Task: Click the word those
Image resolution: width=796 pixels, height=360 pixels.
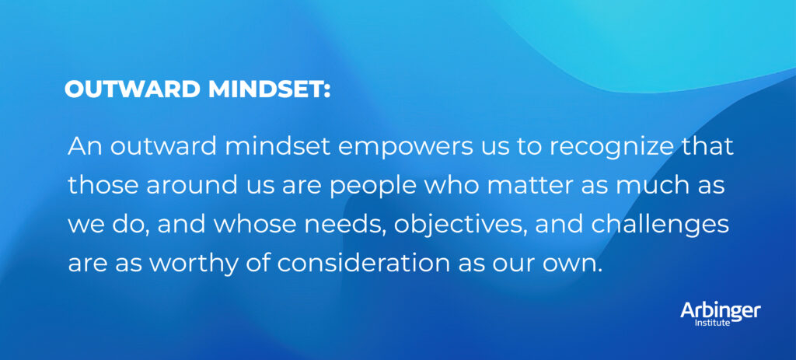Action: pyautogui.click(x=96, y=185)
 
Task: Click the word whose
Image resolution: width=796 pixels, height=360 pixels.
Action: pyautogui.click(x=260, y=224)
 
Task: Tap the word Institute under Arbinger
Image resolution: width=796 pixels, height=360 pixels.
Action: pyautogui.click(x=713, y=322)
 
